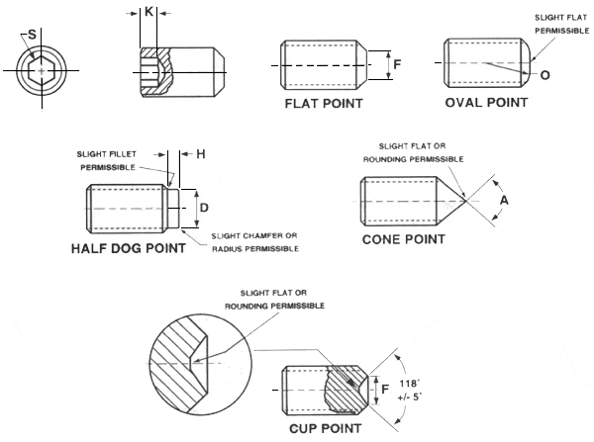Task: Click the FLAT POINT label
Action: point(323,103)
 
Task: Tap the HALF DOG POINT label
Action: point(128,248)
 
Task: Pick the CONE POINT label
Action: point(403,238)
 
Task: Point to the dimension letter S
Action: point(32,36)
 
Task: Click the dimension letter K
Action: point(148,13)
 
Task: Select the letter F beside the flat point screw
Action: point(396,66)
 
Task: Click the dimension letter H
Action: point(200,154)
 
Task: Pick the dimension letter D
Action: point(203,209)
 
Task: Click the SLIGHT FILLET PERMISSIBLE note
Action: point(118,160)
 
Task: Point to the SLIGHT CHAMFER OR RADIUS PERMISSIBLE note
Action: point(255,242)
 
